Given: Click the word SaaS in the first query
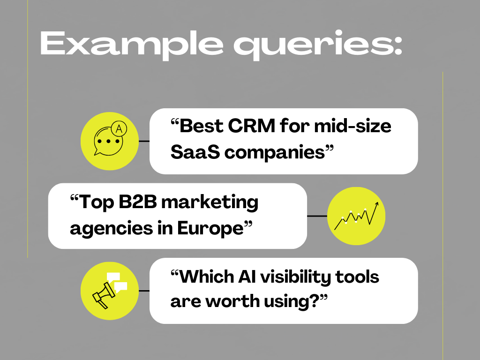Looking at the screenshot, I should pos(190,152).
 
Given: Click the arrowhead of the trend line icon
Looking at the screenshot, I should pos(376,204).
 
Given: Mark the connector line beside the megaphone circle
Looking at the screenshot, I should pos(144,291).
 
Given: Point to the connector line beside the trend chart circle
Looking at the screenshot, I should pos(317,216).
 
